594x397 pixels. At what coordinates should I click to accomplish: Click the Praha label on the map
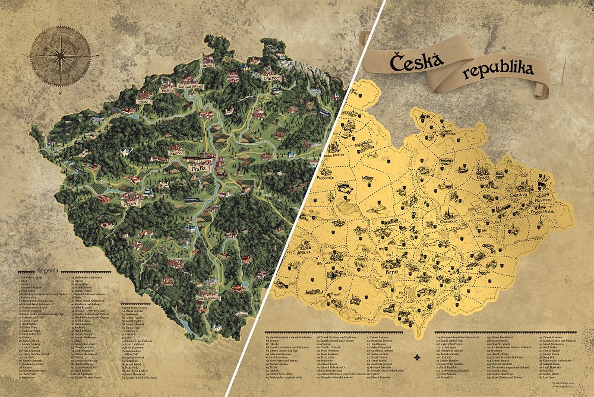coord(199,169)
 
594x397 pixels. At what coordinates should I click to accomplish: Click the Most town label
coord(143,102)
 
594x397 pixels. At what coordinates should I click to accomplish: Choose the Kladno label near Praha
coord(175,153)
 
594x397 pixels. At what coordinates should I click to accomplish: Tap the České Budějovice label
coord(208,298)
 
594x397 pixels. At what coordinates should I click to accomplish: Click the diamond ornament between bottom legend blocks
coord(418,358)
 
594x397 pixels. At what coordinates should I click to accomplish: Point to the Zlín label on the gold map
coord(470,268)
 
